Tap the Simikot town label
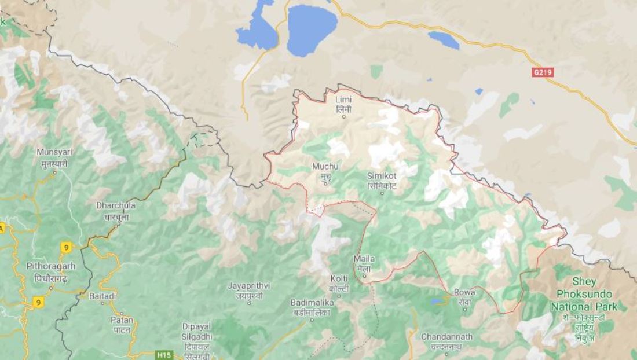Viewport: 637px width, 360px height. pos(382,179)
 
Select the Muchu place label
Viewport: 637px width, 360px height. pos(325,171)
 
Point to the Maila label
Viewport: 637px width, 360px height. pos(364,263)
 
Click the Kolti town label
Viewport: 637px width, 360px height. pos(339,283)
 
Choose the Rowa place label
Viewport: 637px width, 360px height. pos(464,296)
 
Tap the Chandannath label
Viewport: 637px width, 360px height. pos(446,341)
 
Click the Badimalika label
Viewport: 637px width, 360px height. pos(311,307)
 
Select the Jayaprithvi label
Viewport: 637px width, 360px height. pos(249,290)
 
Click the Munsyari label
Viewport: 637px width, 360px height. pos(54,156)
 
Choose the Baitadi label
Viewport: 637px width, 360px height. pos(102,296)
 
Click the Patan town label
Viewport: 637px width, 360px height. pos(122,324)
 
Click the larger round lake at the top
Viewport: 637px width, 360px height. pos(312,29)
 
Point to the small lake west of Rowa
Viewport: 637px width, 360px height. pos(435,302)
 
